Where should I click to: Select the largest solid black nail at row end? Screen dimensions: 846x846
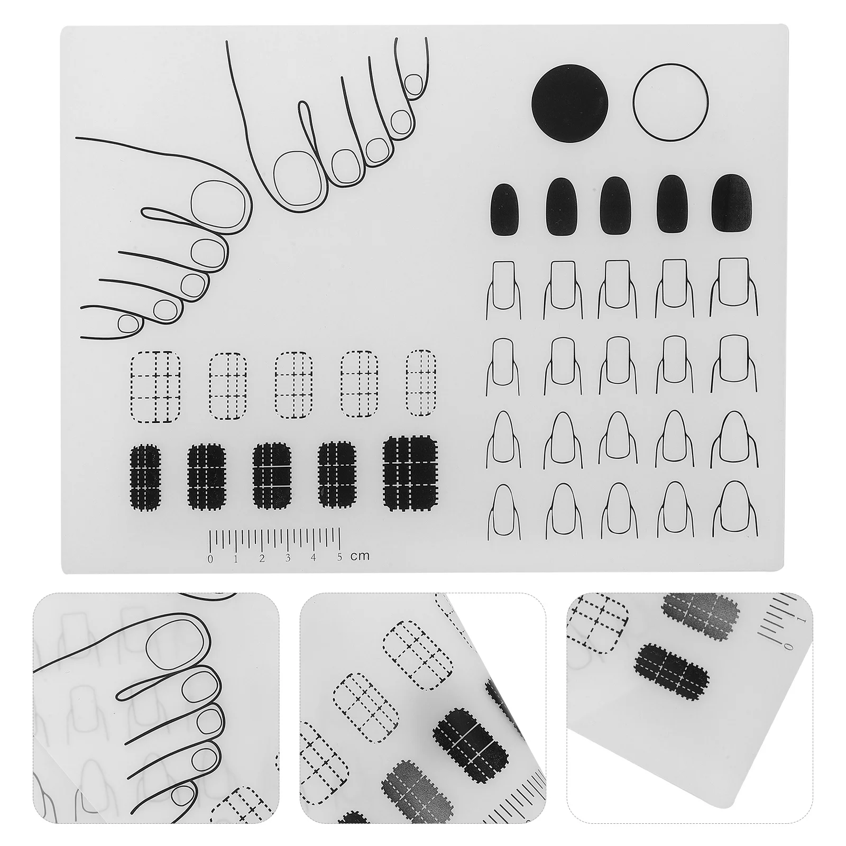(x=732, y=203)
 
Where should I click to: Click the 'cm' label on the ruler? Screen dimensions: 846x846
(x=360, y=556)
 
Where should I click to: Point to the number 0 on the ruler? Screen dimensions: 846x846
(x=211, y=558)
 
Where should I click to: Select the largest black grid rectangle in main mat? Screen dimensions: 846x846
(x=410, y=473)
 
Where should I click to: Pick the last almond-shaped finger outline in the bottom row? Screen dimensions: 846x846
(x=732, y=510)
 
